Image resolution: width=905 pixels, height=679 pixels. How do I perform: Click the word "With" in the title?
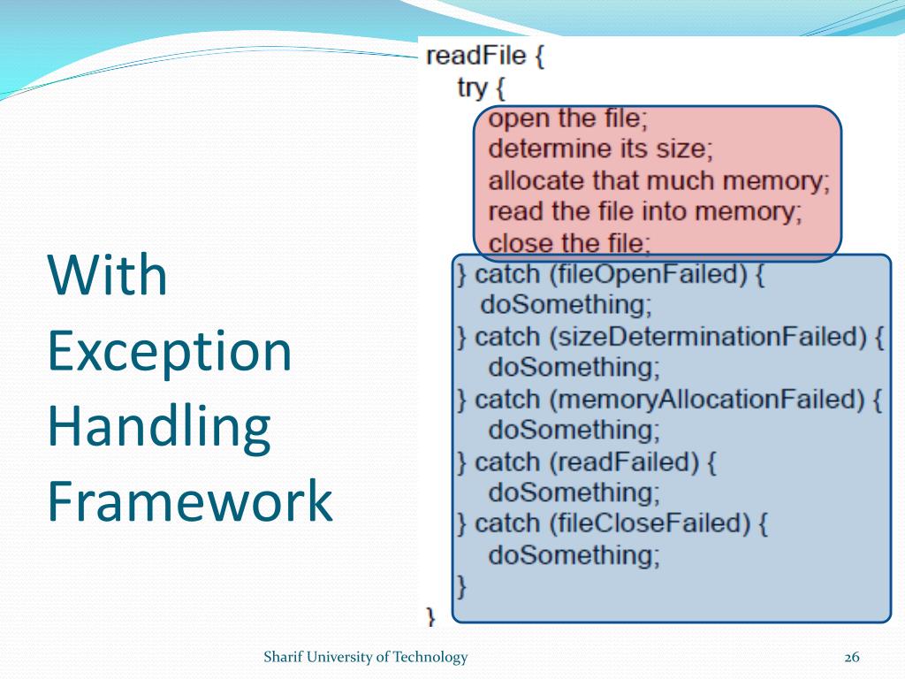(107, 275)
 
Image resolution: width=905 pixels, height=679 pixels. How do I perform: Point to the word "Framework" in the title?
(190, 501)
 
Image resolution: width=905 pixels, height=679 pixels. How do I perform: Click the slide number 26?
(852, 657)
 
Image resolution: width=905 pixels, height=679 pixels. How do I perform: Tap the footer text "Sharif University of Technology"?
(366, 657)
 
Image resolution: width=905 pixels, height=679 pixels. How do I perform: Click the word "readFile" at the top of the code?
(475, 57)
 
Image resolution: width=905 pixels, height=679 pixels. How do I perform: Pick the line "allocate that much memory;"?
(659, 180)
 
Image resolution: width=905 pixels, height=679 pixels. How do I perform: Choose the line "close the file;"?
(570, 242)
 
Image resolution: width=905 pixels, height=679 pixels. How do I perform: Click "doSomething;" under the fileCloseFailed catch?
(574, 555)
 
